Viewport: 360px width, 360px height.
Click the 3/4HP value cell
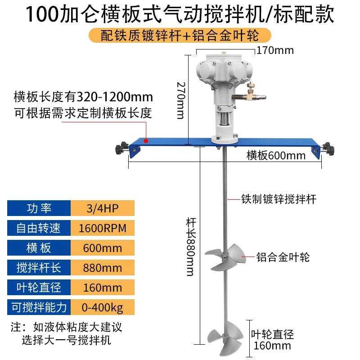pos(103,209)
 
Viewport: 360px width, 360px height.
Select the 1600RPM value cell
pos(103,228)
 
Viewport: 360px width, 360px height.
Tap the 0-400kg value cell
pos(103,308)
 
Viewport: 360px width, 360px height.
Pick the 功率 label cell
pos(39,209)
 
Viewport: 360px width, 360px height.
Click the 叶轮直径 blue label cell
pos(39,288)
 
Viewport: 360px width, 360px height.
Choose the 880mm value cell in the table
pos(103,268)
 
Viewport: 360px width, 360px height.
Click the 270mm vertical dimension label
pos(180,100)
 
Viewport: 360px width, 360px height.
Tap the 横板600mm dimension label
pos(275,156)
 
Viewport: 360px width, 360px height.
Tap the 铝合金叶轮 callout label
pos(283,257)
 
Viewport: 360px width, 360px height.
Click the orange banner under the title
pos(180,35)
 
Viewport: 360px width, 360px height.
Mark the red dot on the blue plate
pos(146,140)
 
